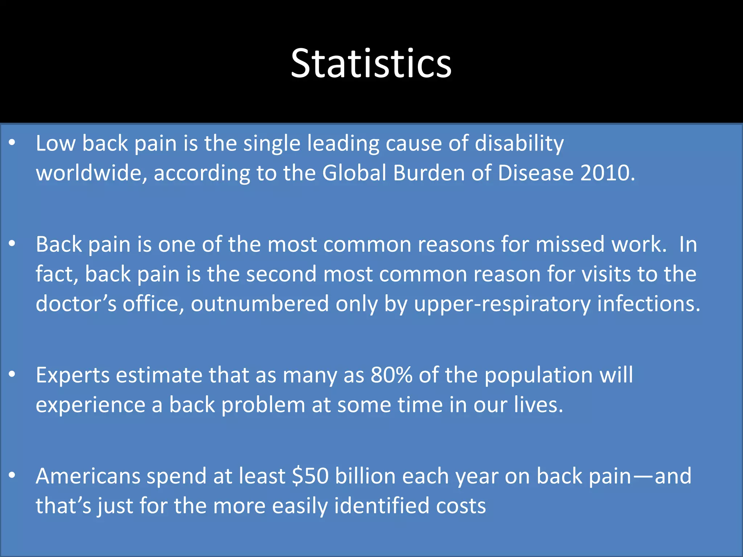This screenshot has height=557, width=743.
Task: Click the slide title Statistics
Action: [371, 64]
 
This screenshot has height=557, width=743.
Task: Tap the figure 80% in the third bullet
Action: [391, 375]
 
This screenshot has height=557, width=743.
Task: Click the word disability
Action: [519, 144]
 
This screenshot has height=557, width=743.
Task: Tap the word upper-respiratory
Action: [502, 304]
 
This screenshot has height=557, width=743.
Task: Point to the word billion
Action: [365, 476]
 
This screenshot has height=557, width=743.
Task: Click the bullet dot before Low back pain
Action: [12, 143]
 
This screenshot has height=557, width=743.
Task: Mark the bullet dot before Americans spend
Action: [12, 475]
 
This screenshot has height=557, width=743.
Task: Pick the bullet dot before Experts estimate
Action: [12, 374]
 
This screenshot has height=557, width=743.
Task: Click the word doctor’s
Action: [76, 304]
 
